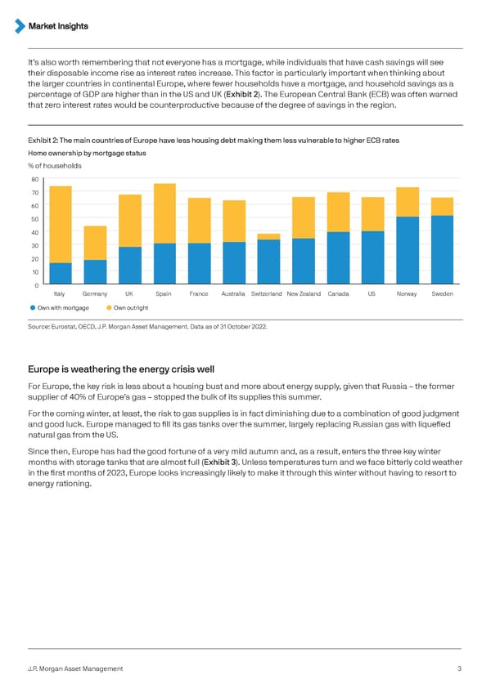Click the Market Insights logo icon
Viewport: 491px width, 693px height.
20,26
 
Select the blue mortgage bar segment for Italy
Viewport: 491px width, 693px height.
61,274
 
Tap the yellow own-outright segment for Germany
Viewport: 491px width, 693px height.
95,243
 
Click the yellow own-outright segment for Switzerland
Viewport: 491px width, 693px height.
268,237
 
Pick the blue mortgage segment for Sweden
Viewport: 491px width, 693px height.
442,250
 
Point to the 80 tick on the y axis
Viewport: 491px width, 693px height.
35,179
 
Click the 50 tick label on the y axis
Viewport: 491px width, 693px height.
35,219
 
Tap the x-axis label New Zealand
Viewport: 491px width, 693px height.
303,293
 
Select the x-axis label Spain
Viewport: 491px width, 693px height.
164,293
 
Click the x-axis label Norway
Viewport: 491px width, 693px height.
407,293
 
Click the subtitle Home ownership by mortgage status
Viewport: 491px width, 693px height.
88,151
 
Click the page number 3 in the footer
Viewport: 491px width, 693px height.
460,669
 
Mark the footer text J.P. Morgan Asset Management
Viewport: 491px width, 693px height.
75,669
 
